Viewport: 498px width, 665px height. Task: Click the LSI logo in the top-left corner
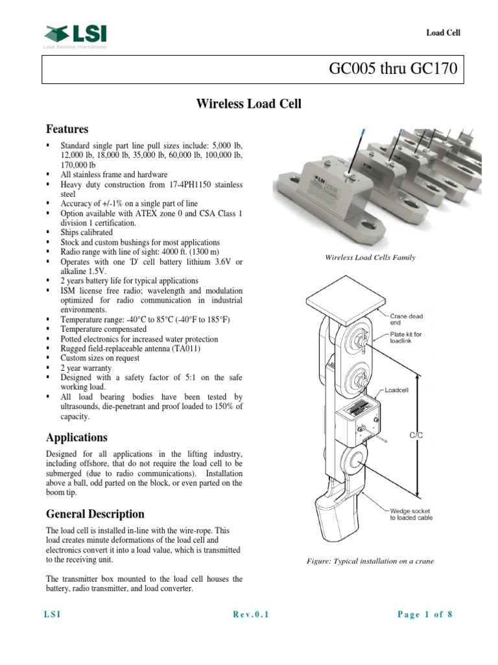coord(75,35)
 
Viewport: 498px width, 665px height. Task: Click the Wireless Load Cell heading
coord(248,104)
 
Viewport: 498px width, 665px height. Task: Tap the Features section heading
coord(66,129)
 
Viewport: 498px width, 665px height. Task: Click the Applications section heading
coord(76,437)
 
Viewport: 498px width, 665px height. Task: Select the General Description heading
coord(94,514)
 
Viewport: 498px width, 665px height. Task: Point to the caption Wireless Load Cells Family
coord(370,258)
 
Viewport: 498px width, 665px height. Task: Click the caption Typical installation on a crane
coord(370,561)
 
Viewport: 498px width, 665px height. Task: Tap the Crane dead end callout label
coord(406,319)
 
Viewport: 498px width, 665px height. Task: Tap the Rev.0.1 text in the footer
coord(250,615)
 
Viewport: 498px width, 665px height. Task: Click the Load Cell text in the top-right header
coord(443,33)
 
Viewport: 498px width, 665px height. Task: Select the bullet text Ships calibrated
coord(86,232)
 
